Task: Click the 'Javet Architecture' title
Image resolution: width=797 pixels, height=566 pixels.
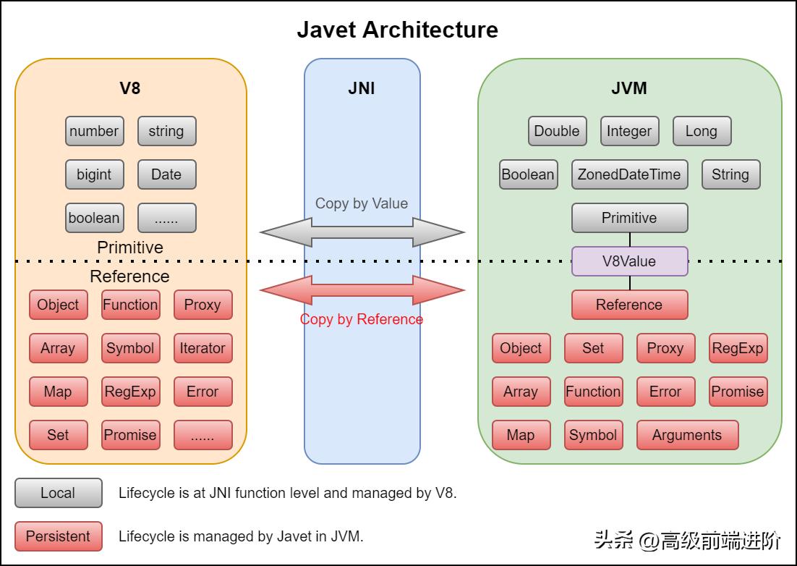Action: coord(397,30)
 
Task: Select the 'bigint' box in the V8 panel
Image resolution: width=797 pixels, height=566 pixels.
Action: coord(94,174)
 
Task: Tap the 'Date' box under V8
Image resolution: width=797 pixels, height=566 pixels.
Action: coord(166,174)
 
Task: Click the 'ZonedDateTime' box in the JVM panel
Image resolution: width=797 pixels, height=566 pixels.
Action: coord(629,174)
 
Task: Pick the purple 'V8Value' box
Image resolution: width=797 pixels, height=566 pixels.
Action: coord(629,261)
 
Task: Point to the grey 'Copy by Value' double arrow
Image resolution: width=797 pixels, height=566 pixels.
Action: coord(362,232)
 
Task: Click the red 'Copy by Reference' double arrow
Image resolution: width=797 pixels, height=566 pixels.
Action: coord(362,290)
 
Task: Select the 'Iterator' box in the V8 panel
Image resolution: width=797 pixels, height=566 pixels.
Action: coord(203,348)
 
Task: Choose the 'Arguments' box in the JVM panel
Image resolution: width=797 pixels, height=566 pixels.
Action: coord(687,435)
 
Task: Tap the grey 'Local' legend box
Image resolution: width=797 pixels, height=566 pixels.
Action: coord(58,493)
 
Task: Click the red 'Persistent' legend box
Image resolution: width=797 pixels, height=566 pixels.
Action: coord(58,536)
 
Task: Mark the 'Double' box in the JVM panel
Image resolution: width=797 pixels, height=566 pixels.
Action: coord(557,131)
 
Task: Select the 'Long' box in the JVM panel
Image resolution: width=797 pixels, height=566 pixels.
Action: coord(702,131)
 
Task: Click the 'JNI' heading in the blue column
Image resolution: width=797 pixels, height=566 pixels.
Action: coord(362,89)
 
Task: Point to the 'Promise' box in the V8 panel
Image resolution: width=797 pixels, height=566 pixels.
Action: coord(130,435)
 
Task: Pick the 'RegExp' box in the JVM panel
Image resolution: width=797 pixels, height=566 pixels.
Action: coord(738,348)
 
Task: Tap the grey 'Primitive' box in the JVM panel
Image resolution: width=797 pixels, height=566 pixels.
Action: coord(629,218)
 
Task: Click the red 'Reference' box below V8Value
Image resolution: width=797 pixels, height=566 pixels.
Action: coord(629,305)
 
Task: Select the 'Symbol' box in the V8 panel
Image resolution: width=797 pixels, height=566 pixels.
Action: coord(130,348)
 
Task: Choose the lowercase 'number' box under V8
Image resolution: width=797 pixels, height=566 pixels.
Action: coord(94,131)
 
